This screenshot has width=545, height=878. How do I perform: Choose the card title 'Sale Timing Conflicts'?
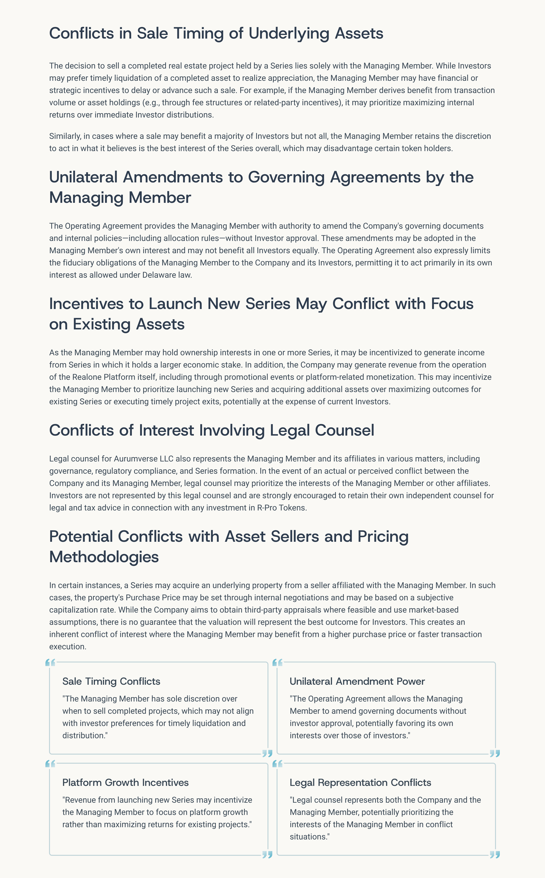[111, 681]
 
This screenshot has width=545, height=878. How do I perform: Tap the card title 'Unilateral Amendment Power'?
[357, 681]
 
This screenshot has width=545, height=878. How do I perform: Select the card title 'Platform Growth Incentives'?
[125, 782]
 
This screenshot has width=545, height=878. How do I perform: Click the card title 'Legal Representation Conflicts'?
[360, 782]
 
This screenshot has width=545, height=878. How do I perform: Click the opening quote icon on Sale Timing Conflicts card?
[50, 663]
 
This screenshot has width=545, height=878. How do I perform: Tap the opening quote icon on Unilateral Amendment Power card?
[277, 663]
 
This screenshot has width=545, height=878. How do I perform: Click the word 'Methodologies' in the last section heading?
[104, 557]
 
